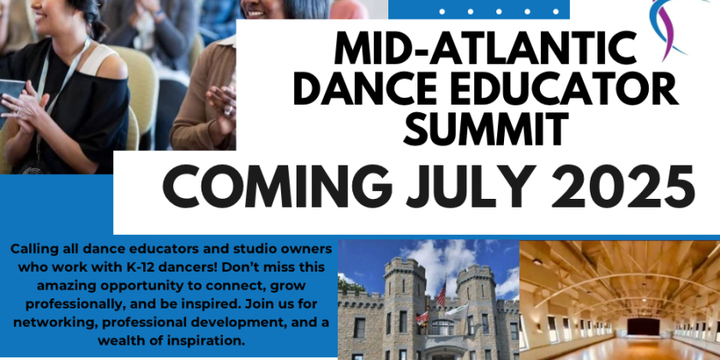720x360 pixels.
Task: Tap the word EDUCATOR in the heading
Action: coord(579,88)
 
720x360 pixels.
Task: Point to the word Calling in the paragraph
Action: coord(35,249)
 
